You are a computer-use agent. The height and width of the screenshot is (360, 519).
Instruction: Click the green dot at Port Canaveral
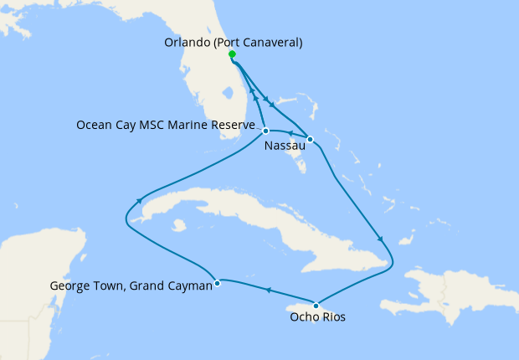[232, 54]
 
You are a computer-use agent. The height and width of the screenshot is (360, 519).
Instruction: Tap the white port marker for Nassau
[310, 139]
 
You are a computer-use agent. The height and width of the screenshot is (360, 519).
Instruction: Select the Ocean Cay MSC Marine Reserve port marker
[265, 131]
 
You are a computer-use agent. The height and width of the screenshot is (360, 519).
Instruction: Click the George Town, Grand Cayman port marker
[217, 283]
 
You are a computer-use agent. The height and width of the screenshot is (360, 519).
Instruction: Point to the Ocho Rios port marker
[316, 305]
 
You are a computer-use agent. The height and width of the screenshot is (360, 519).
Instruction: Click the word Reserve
[231, 126]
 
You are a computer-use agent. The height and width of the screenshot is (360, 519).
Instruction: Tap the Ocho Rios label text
[317, 317]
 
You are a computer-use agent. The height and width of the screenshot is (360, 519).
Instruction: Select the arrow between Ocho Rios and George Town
[268, 291]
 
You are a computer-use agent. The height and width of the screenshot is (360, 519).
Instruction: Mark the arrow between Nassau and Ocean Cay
[289, 133]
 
